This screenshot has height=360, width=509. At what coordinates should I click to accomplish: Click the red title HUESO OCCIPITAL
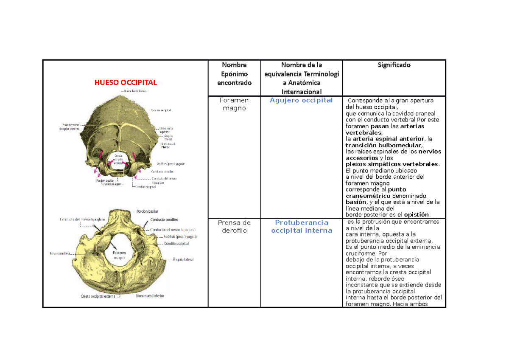pyautogui.click(x=125, y=82)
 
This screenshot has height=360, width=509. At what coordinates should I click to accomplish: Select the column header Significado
pyautogui.click(x=394, y=65)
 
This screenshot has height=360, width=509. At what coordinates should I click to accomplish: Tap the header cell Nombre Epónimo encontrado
pyautogui.click(x=234, y=74)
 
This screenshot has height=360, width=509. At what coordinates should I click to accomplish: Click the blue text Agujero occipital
pyautogui.click(x=301, y=100)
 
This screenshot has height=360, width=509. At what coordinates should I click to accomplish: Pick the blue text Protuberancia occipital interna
pyautogui.click(x=301, y=227)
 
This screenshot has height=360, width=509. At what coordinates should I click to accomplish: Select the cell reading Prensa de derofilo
pyautogui.click(x=234, y=227)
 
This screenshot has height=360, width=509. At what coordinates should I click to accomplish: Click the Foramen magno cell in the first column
pyautogui.click(x=234, y=104)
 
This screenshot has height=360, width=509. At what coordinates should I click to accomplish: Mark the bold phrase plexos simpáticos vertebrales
pyautogui.click(x=392, y=164)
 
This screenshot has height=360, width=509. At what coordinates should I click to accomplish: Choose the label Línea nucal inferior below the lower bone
pyautogui.click(x=150, y=295)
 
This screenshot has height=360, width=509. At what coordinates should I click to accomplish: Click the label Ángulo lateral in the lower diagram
pyautogui.click(x=183, y=258)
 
